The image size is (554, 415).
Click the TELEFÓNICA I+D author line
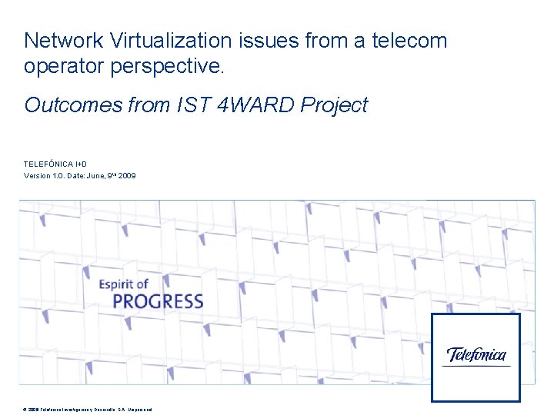pos(60,164)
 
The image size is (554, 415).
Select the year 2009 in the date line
pos(127,176)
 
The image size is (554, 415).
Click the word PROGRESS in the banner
pos(158,301)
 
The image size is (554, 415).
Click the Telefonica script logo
pos(476,354)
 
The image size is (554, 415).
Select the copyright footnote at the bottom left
pos(88,410)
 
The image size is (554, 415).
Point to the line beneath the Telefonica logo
pos(476,366)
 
